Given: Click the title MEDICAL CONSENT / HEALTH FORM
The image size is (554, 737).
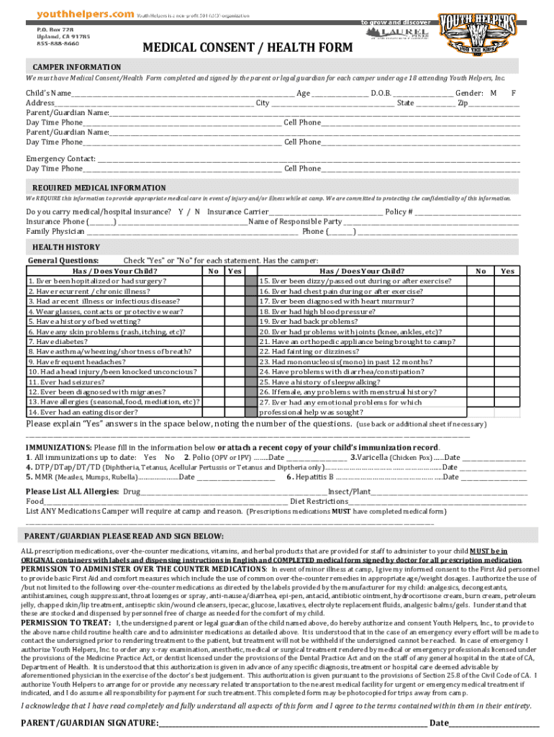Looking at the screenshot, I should (248, 48).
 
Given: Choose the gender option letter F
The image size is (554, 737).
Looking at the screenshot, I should (513, 94).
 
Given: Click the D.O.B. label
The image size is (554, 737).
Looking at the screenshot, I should (381, 94).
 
